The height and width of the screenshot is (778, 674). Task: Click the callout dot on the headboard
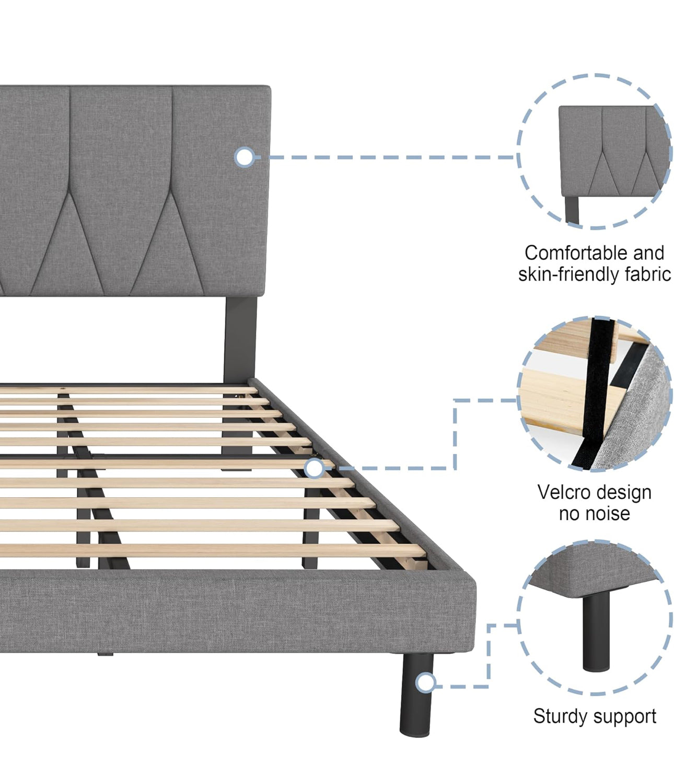click(244, 157)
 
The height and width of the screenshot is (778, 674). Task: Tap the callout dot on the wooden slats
click(314, 468)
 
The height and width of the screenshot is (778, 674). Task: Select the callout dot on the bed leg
click(426, 682)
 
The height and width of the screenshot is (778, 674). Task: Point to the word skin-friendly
click(568, 274)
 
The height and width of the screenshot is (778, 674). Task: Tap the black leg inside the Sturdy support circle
click(596, 633)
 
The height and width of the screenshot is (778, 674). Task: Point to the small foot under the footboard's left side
click(105, 654)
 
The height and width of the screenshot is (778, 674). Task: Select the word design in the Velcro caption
click(626, 493)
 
